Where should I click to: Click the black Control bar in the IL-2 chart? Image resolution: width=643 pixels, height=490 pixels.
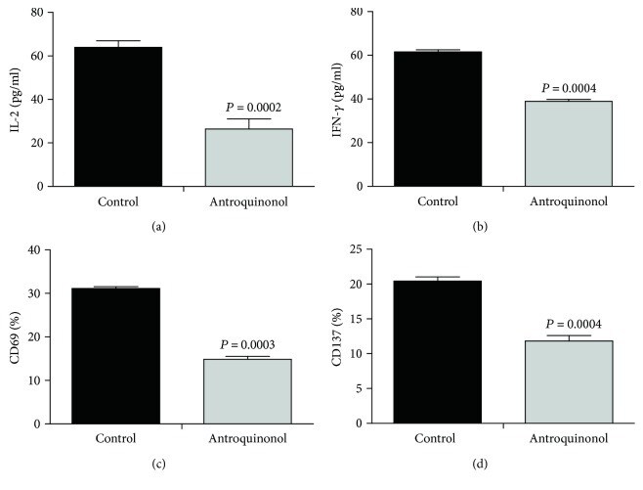[x=118, y=116]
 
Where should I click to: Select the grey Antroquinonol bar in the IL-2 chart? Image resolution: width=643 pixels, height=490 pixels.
[x=247, y=156]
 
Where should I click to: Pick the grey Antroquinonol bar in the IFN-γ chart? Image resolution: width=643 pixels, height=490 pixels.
[x=568, y=143]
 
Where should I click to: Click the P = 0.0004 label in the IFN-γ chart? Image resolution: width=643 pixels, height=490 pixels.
[x=568, y=87]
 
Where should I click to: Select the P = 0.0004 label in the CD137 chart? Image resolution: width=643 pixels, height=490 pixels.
[x=568, y=324]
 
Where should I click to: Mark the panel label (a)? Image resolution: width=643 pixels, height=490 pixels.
[x=183, y=227]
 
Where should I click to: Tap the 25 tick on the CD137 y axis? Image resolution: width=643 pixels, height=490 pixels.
[x=364, y=249]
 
